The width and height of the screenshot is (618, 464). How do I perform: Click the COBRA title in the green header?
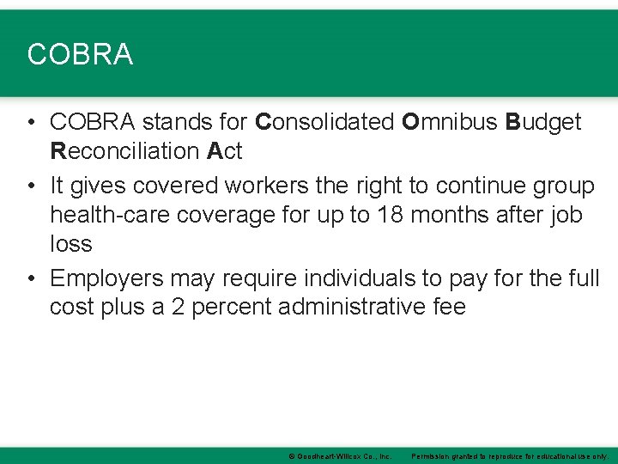80,55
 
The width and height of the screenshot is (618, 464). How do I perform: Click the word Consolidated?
325,122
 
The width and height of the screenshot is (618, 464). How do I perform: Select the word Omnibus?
449,122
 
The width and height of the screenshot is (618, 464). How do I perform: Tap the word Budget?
543,123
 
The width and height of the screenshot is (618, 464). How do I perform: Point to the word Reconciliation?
124,151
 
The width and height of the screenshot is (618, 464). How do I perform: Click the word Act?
224,151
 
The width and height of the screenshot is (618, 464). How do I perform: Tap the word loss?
70,244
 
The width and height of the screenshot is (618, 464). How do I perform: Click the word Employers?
106,278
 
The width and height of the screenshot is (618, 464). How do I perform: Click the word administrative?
352,307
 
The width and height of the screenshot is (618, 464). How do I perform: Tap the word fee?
448,307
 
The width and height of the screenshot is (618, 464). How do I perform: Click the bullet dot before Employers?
30,278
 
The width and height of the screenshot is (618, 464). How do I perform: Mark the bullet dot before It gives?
30,185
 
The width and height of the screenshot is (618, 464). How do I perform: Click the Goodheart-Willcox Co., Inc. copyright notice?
340,455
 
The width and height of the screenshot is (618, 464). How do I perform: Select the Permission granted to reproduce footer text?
510,455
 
